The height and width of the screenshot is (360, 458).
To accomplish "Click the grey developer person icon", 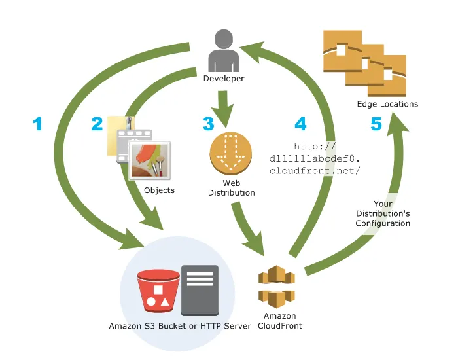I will point(224,51).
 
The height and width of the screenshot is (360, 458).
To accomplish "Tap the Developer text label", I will point(224,79).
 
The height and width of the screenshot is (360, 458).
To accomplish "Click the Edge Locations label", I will point(387,104).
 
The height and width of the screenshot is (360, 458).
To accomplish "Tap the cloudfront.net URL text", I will point(314,158).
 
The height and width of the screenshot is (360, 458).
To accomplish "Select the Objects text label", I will point(159,190).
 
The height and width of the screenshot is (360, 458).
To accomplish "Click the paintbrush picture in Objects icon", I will point(150,160).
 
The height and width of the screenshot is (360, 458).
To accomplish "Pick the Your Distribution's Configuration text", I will point(383,214).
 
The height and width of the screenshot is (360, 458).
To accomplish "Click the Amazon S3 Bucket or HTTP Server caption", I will point(180,325).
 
